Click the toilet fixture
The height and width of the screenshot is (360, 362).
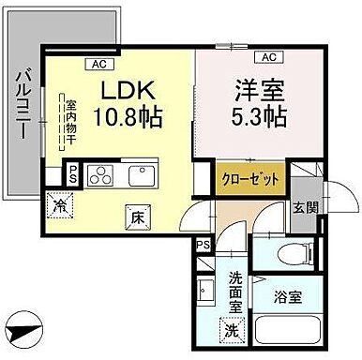[x=291, y=250]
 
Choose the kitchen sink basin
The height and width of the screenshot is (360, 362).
[x=142, y=173]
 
